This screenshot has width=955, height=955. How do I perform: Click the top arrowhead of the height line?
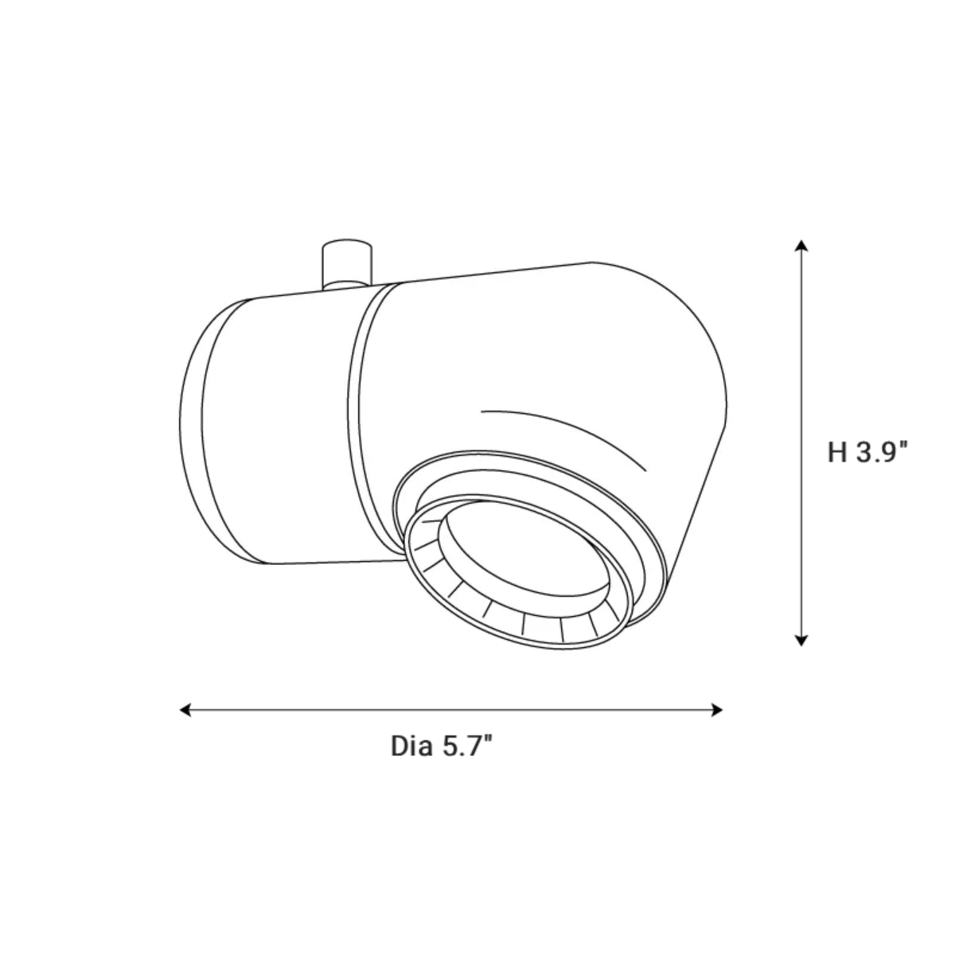801,244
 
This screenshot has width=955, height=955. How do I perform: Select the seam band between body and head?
358,414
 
